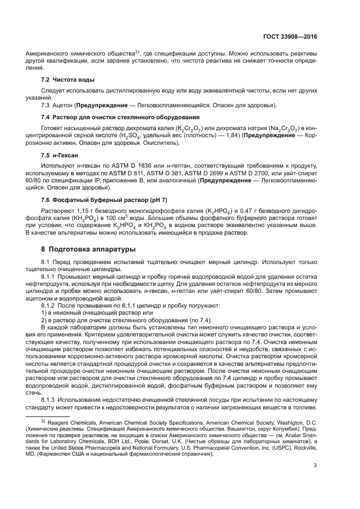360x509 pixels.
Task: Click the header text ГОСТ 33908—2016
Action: click(289, 36)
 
